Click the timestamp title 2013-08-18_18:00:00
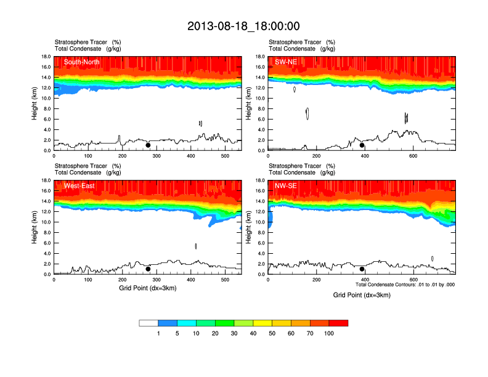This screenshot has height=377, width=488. tap(243, 26)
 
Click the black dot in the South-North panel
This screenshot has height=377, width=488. tap(148, 145)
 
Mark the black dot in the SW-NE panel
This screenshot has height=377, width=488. tap(362, 145)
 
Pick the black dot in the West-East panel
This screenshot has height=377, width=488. tap(148, 269)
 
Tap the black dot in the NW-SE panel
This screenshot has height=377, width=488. tap(362, 269)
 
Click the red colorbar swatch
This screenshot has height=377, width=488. tap(338, 323)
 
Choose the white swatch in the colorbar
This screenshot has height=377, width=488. tap(148, 323)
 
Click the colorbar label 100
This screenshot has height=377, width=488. tap(329, 333)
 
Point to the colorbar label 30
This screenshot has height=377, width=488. tap(234, 333)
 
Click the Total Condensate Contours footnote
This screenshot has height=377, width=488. tap(405, 285)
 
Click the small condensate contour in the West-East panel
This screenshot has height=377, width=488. tap(196, 246)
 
